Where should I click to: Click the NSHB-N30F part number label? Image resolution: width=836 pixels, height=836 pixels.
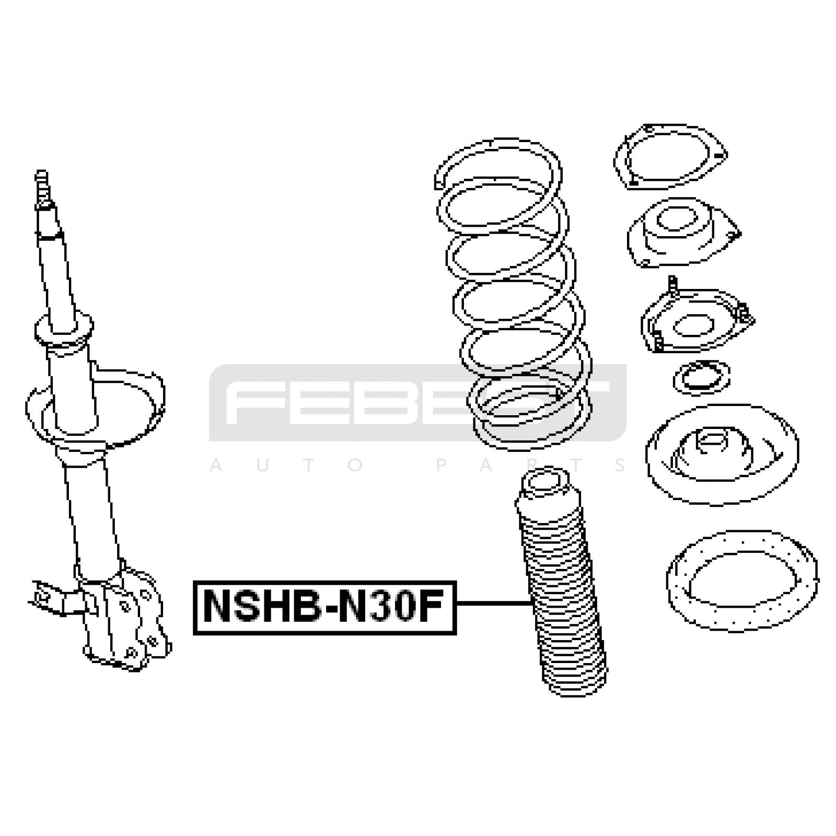[x=324, y=607]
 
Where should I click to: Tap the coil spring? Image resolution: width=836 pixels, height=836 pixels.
[x=513, y=294]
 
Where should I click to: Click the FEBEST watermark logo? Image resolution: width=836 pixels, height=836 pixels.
[x=417, y=402]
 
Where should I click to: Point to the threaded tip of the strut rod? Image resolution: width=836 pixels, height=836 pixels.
[x=42, y=188]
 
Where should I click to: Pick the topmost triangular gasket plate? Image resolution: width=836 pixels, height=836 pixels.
[x=670, y=157]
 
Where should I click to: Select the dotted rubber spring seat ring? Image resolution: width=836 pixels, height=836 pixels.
[x=742, y=580]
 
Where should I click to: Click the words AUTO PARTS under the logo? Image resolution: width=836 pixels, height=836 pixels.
[x=418, y=465]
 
